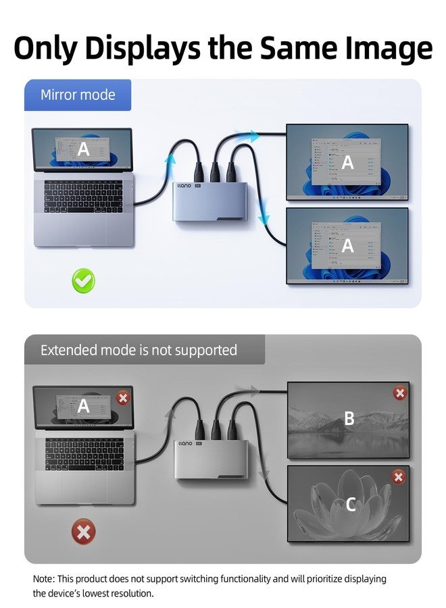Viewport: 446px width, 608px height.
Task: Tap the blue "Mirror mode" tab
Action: [x=78, y=95]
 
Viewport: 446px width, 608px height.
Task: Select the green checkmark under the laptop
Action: [x=84, y=280]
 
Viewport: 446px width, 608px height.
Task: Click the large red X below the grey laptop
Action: [x=83, y=532]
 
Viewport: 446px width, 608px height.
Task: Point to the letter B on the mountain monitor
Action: [x=349, y=419]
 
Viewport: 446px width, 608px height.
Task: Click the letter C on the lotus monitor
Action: [x=350, y=504]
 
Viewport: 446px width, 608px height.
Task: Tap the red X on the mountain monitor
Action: [x=400, y=393]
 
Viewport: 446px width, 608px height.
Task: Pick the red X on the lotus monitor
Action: [x=399, y=478]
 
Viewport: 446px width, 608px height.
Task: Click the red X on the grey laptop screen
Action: [x=122, y=398]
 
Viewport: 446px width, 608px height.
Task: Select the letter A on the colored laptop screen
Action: [x=83, y=149]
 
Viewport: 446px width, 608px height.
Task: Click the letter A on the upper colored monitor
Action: [x=347, y=162]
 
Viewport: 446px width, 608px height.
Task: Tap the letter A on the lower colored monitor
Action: [x=347, y=246]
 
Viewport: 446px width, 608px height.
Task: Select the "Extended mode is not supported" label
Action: [x=139, y=350]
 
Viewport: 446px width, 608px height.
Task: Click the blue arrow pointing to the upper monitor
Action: [x=251, y=136]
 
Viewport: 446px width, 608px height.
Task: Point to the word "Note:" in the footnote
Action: [x=46, y=579]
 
